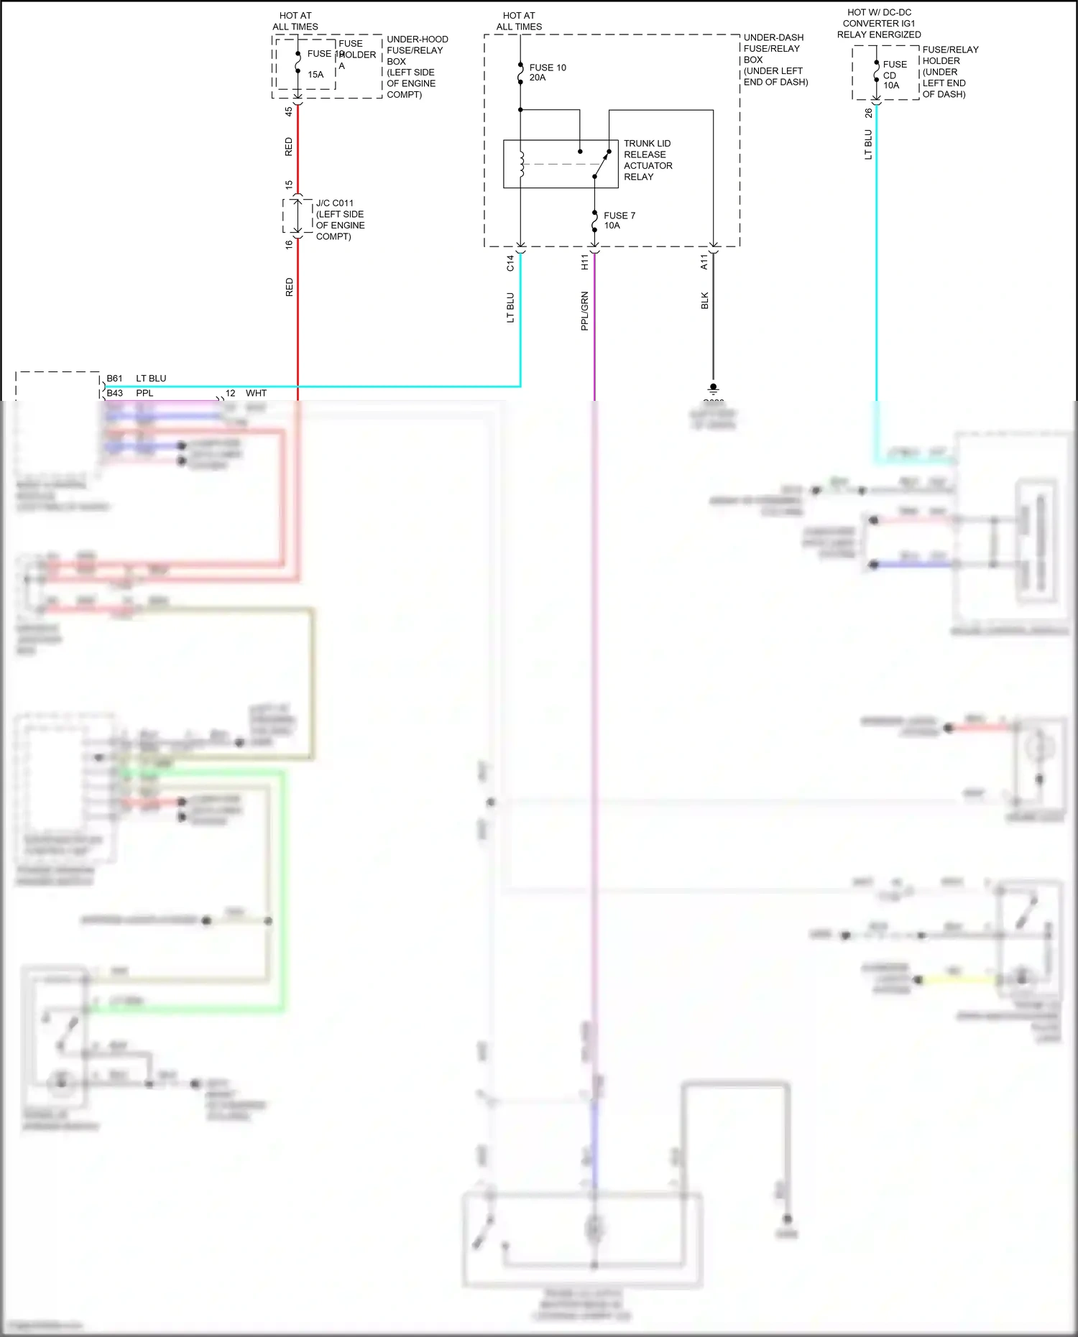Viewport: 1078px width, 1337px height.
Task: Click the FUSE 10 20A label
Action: click(547, 73)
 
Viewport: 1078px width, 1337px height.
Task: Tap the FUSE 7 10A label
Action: click(619, 221)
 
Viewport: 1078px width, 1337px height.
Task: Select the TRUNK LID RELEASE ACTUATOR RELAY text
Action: click(647, 160)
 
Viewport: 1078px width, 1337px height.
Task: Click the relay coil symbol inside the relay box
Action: click(522, 165)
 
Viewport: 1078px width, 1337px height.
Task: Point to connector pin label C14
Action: click(510, 263)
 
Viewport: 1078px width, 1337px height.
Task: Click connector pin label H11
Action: click(584, 263)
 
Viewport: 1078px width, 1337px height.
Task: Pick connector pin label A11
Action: click(704, 263)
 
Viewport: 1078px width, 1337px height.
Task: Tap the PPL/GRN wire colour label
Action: click(584, 310)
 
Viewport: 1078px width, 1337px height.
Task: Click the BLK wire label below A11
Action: click(704, 300)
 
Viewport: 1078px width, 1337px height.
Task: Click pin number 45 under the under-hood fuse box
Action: click(289, 111)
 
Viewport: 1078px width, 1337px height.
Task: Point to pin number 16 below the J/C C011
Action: click(289, 244)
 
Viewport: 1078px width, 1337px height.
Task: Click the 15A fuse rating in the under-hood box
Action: click(315, 75)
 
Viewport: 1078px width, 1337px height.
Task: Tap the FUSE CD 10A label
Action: click(894, 75)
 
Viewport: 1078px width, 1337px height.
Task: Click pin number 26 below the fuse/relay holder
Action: click(869, 113)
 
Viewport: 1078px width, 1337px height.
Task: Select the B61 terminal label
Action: click(114, 379)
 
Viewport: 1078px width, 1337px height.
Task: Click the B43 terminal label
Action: click(114, 393)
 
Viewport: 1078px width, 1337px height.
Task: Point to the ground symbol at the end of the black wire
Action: click(713, 389)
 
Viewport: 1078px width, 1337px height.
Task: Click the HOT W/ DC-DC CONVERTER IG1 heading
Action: click(878, 23)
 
